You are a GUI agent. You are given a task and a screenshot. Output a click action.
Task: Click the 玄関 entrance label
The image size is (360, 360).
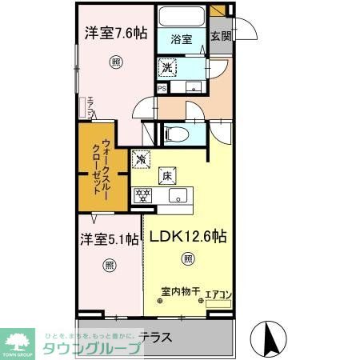tap(219, 36)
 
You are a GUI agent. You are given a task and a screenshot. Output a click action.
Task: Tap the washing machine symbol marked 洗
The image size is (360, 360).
tap(167, 68)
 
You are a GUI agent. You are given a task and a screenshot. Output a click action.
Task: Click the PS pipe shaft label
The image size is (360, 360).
tap(161, 89)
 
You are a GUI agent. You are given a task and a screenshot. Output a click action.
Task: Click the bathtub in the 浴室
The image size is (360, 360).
tap(180, 17)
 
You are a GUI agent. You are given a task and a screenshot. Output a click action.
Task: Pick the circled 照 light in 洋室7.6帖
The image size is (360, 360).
tap(117, 62)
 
